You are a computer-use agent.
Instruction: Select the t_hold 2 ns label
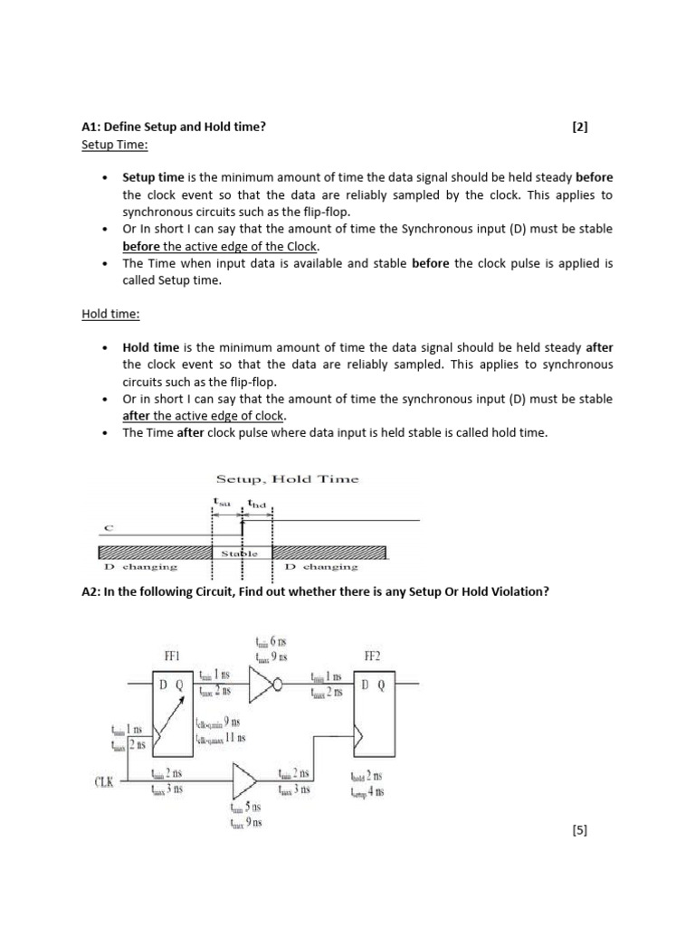click(x=366, y=776)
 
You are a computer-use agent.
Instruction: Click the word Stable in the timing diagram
click(x=241, y=553)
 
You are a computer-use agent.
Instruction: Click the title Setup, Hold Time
click(x=286, y=479)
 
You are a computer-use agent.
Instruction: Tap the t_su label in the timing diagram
click(x=223, y=500)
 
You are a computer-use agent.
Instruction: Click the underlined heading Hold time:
click(x=107, y=314)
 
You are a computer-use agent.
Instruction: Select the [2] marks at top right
click(x=580, y=128)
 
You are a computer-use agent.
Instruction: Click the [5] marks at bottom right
click(x=580, y=831)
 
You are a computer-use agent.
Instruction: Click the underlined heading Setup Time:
click(x=114, y=145)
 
